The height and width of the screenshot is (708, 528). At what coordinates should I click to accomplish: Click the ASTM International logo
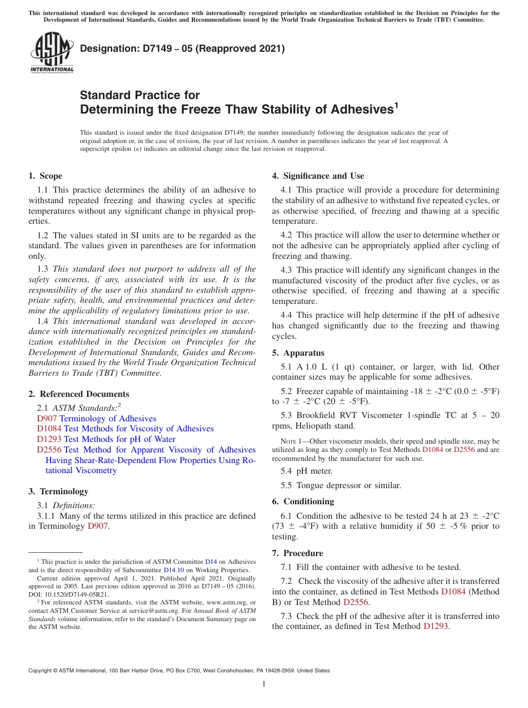click(52, 52)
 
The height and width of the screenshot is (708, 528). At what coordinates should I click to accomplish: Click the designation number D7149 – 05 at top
click(182, 49)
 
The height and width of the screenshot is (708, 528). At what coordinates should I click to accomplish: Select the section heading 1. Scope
click(45, 176)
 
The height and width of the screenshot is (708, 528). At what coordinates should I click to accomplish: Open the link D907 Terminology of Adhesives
click(97, 419)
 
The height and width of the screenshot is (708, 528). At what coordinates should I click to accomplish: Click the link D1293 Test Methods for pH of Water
click(106, 439)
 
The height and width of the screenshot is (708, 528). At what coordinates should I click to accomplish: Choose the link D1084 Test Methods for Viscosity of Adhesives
click(125, 429)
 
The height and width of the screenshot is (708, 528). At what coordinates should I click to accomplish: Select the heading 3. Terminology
click(58, 491)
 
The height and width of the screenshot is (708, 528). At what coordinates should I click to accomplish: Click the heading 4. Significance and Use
click(318, 176)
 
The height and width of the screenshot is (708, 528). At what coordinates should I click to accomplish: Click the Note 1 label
click(286, 441)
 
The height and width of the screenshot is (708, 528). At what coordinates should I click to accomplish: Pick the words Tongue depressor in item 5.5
click(328, 485)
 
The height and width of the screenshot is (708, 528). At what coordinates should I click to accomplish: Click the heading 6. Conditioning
click(303, 501)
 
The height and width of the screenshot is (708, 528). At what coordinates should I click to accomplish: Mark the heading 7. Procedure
click(297, 553)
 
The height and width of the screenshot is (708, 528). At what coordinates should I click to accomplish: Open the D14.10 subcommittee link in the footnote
click(173, 570)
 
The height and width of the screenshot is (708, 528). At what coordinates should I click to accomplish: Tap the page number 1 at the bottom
click(264, 684)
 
